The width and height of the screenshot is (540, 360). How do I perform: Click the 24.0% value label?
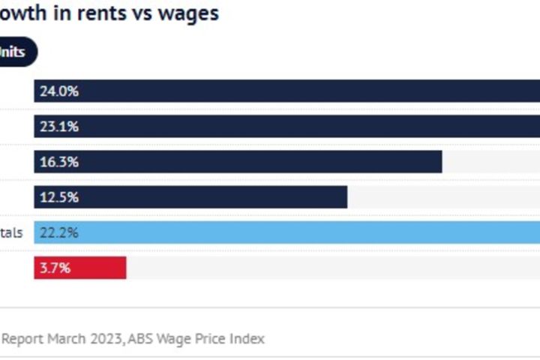59,91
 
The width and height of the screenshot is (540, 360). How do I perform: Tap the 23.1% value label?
59,127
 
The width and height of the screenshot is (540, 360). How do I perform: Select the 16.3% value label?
59,162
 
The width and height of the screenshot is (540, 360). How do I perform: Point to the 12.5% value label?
59,197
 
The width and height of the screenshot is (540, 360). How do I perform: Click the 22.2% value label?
59,232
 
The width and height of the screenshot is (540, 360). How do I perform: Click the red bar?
97,268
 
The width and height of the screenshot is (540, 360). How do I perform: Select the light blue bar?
300,232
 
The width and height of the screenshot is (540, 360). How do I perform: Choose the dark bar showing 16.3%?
262,162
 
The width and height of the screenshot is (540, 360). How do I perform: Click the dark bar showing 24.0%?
300,91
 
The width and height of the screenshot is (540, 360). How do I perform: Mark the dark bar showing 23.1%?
300,127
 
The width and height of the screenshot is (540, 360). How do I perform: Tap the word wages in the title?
188,14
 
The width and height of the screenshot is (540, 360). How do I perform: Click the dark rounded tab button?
16,53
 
